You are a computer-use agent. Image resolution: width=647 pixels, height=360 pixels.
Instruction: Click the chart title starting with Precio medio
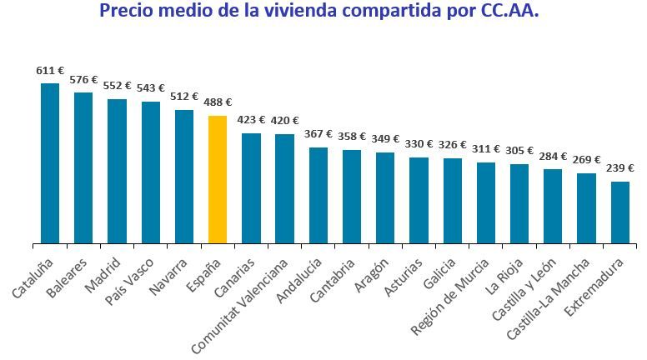[318, 12]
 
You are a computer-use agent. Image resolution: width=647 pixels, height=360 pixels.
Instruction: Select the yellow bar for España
[218, 179]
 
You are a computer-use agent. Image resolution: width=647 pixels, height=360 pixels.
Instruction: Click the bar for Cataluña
[50, 163]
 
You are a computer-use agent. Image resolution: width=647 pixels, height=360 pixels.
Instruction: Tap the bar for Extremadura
[620, 212]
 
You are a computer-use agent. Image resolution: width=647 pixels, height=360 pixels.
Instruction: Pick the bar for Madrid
[117, 171]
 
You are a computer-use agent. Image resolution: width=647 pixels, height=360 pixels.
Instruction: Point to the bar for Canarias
[251, 188]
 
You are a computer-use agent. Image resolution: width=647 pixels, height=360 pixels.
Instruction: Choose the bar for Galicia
[453, 201]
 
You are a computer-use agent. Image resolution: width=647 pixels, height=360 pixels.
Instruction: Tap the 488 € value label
[218, 103]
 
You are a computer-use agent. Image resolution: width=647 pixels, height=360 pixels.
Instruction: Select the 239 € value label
[620, 169]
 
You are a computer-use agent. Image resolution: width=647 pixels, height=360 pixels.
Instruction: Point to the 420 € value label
[285, 121]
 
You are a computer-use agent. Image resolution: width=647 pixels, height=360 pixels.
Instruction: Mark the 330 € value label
[419, 144]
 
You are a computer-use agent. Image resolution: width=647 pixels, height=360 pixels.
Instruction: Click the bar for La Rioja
[519, 203]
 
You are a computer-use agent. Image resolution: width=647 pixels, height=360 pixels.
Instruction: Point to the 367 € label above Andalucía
[318, 134]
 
